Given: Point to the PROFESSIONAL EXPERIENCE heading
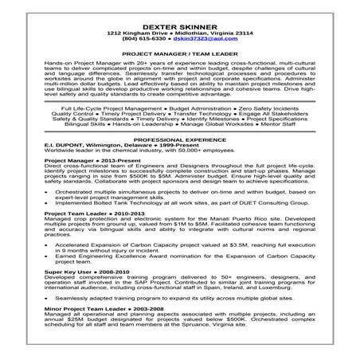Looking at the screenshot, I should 179,139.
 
